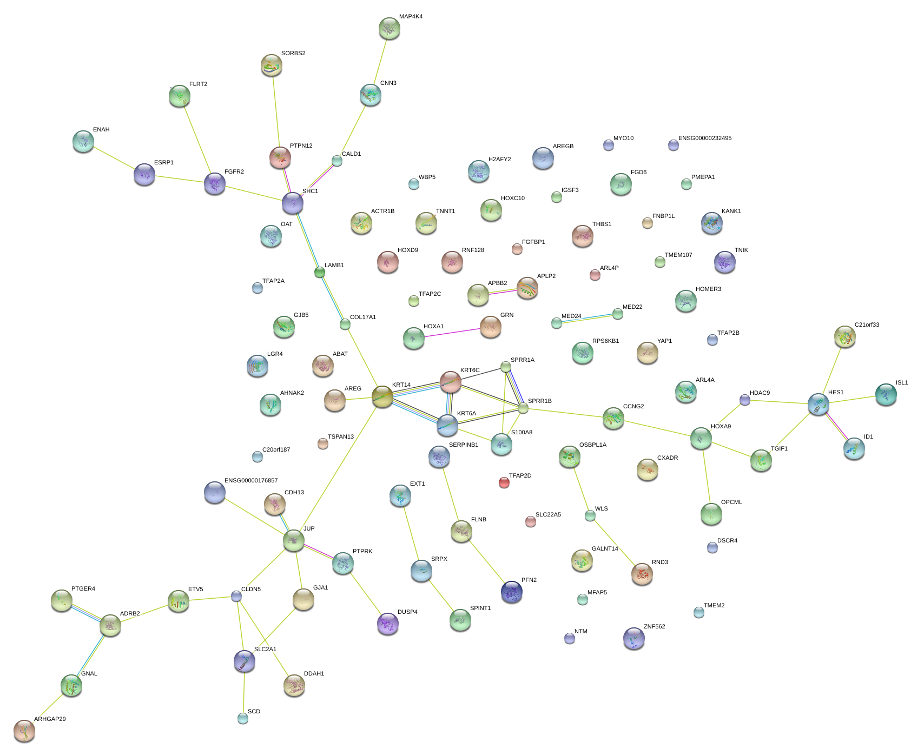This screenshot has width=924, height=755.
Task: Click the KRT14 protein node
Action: point(382,397)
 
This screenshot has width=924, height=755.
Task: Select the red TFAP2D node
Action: point(504,482)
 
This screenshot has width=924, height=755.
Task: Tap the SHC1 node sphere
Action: point(293,203)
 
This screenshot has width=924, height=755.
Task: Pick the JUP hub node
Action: point(294,540)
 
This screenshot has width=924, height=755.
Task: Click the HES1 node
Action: point(818,404)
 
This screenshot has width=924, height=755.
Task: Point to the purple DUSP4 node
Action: point(387,624)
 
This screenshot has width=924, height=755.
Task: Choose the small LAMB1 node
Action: point(320,272)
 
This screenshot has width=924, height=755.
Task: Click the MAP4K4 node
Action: point(389,29)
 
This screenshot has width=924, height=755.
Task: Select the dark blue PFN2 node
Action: point(511,592)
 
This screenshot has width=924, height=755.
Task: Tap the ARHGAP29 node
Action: point(24,731)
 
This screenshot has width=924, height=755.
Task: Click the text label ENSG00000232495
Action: point(704,138)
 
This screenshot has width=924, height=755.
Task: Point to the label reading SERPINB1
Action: point(463,445)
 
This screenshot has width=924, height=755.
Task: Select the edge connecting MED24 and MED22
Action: point(587,319)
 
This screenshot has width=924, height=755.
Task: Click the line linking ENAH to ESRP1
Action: point(114,157)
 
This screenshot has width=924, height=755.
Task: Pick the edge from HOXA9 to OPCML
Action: point(707,476)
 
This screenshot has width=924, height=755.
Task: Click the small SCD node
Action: point(243,718)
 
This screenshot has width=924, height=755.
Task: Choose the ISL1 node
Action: point(886,395)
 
